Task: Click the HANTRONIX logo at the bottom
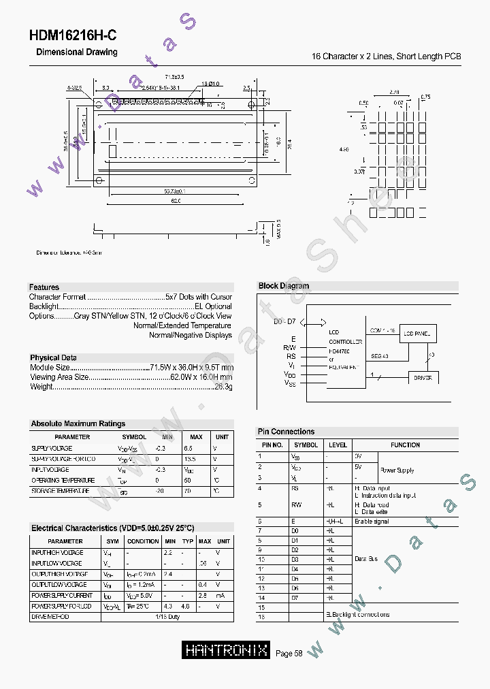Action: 226,650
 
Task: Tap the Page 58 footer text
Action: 289,654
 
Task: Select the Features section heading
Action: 44,287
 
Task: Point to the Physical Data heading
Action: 53,357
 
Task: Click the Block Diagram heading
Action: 284,286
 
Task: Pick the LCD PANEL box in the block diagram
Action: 417,334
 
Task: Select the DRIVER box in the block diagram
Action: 423,377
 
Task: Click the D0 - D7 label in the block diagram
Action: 284,321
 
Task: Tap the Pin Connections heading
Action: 286,432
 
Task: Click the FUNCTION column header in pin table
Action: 405,445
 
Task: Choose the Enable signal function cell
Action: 372,521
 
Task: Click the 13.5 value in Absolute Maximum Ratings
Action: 191,460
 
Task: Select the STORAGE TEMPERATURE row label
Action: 60,490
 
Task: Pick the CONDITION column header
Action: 143,541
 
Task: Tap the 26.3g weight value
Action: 224,387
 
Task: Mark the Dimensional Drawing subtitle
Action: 76,52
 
